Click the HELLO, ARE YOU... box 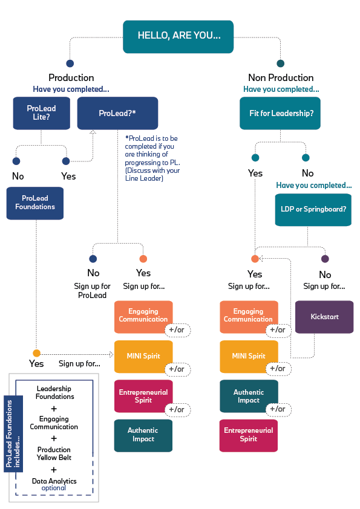point(179,36)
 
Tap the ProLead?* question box point(117,112)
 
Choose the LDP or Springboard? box point(313,210)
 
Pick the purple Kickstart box point(324,317)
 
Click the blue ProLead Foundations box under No point(35,203)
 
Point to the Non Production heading point(281,77)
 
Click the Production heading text point(71,77)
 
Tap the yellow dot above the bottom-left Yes point(36,353)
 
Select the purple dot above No point(325,259)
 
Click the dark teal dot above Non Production point(280,63)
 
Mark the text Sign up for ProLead point(93,290)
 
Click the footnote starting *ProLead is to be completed point(153,158)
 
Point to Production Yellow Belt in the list point(54,453)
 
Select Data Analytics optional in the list point(54,484)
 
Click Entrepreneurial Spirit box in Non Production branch point(249,435)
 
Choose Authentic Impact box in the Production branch point(143,435)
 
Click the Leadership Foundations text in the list point(55,393)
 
